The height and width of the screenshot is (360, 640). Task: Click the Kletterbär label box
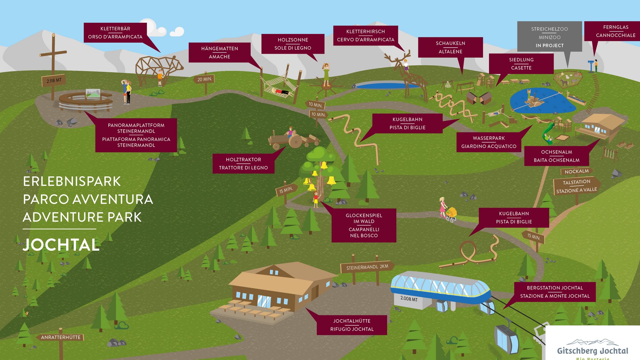(x=115, y=33)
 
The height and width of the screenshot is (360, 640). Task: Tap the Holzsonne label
(x=293, y=44)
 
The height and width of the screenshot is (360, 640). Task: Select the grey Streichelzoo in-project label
(x=549, y=37)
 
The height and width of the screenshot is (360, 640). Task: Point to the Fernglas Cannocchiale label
(x=615, y=31)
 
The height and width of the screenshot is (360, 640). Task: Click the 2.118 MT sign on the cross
(x=54, y=80)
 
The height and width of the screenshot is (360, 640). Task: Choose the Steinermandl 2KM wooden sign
(x=367, y=267)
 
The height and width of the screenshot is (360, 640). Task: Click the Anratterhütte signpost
(x=61, y=337)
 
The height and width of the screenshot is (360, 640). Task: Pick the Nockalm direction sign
(x=576, y=171)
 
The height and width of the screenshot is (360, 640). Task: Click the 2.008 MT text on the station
(x=409, y=299)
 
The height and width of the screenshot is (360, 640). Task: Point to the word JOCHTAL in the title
(x=61, y=245)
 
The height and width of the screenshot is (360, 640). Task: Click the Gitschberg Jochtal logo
(x=592, y=348)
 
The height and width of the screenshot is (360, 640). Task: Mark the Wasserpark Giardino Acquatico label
(x=489, y=142)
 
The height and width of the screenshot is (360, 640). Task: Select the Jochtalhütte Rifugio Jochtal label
(x=352, y=325)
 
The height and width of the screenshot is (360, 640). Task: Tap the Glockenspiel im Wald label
(x=364, y=225)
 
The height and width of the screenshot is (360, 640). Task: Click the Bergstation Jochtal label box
(x=555, y=292)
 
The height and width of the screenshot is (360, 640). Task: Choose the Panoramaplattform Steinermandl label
(x=136, y=135)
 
